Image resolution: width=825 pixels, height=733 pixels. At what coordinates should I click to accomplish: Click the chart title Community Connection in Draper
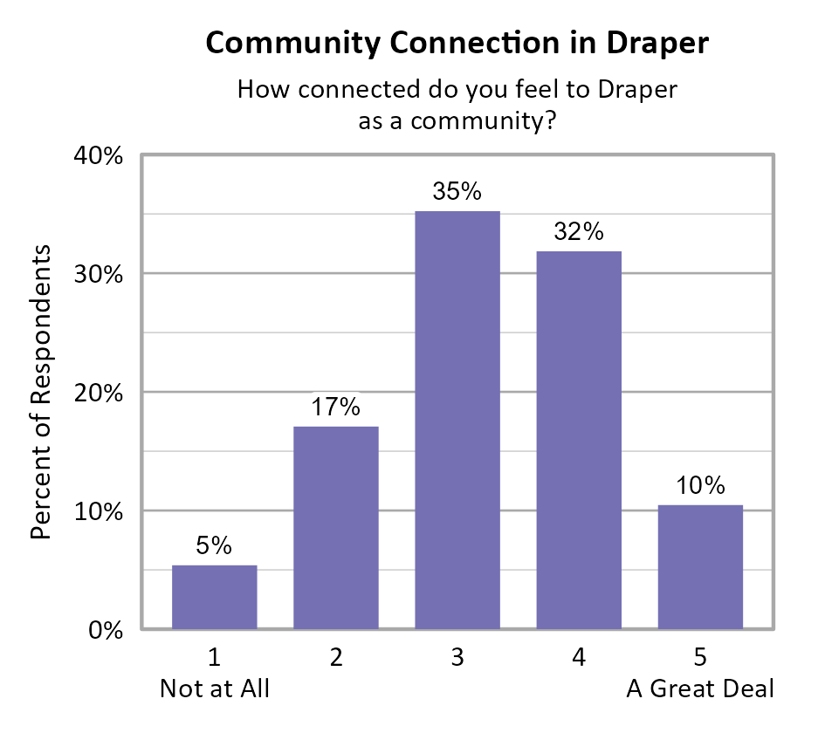click(457, 43)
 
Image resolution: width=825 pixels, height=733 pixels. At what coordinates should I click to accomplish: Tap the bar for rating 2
click(335, 527)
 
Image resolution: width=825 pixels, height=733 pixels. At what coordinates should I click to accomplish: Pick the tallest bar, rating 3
click(457, 420)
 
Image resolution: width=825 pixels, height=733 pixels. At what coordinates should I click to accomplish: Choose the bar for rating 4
click(578, 440)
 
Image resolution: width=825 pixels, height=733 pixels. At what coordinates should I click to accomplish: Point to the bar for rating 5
click(700, 567)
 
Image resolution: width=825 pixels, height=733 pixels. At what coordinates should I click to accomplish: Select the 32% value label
click(578, 232)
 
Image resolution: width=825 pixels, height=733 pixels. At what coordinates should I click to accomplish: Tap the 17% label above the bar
click(335, 407)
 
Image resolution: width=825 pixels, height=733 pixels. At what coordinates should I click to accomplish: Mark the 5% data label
click(214, 545)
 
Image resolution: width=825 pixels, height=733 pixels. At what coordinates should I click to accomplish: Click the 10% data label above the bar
click(700, 485)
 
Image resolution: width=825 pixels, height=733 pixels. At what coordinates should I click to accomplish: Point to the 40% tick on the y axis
click(101, 157)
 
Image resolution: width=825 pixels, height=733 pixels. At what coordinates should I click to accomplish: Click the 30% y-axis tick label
click(101, 275)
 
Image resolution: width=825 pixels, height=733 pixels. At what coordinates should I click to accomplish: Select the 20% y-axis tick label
click(101, 393)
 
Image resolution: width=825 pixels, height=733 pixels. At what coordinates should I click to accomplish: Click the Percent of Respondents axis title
click(41, 393)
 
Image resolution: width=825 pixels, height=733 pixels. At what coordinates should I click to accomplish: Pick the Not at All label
click(214, 688)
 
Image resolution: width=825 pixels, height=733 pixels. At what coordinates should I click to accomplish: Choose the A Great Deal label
click(700, 688)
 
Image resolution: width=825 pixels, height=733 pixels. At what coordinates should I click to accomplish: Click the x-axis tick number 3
click(457, 658)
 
